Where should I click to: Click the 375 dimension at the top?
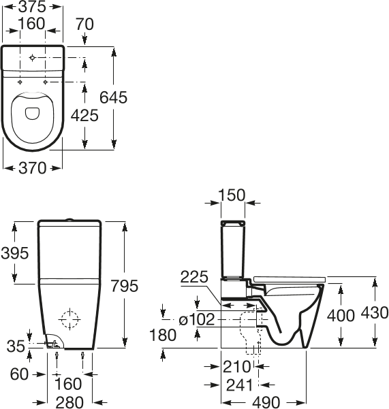tap(33, 7)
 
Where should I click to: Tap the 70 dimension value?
tap(84, 24)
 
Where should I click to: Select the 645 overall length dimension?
tap(114, 98)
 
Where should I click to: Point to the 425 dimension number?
tap(85, 115)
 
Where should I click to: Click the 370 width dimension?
tap(33, 168)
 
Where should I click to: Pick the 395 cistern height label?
tap(14, 253)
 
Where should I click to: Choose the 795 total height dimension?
tap(125, 286)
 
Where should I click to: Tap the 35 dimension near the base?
tap(16, 346)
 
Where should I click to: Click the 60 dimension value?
tap(19, 374)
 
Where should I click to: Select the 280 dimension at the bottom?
tap(69, 402)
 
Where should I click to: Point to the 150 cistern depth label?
tap(232, 195)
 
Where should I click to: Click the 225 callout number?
tap(194, 277)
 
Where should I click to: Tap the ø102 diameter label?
tap(197, 320)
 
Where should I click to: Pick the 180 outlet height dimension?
tap(163, 336)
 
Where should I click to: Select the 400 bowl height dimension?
tap(341, 316)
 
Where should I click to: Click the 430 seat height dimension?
tap(375, 313)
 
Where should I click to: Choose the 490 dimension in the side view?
tap(266, 402)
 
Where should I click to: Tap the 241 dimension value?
tap(240, 385)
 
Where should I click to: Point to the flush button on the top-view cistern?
tap(32, 58)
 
